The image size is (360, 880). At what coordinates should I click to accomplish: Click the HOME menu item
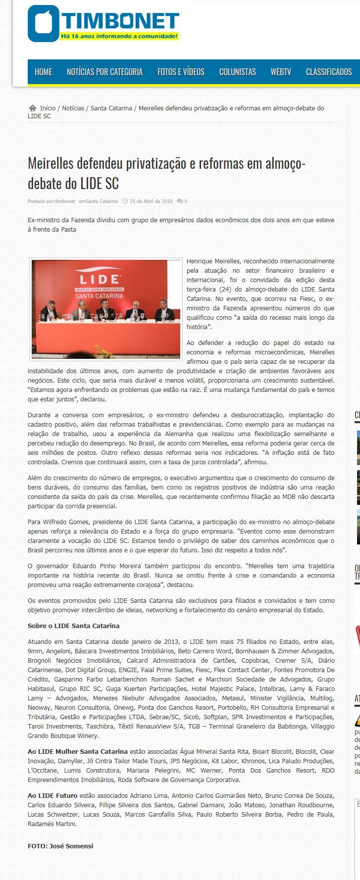[x=43, y=72]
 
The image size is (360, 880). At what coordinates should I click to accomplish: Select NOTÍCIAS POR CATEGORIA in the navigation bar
[x=104, y=72]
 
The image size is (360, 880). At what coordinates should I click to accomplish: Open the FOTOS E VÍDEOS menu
[x=181, y=72]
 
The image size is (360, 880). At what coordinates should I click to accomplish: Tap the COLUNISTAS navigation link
[x=237, y=72]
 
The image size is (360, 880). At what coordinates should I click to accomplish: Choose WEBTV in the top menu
[x=281, y=72]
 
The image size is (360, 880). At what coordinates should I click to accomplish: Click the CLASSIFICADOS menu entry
[x=328, y=72]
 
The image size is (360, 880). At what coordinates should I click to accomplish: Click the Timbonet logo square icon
[x=43, y=23]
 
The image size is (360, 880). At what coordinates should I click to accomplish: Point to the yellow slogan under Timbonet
[x=119, y=36]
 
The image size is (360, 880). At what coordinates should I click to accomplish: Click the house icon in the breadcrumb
[x=33, y=108]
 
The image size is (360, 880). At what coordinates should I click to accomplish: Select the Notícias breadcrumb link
[x=73, y=108]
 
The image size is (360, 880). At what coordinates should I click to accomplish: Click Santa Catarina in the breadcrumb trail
[x=111, y=108]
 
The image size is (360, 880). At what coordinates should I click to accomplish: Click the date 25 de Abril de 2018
[x=151, y=201]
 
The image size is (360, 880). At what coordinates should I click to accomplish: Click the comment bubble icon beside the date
[x=180, y=201]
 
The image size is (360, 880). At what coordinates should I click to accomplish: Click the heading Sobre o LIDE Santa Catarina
[x=73, y=626]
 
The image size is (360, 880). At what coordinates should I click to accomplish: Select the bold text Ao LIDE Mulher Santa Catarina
[x=78, y=751]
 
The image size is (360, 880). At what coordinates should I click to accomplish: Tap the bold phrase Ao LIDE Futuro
[x=52, y=795]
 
